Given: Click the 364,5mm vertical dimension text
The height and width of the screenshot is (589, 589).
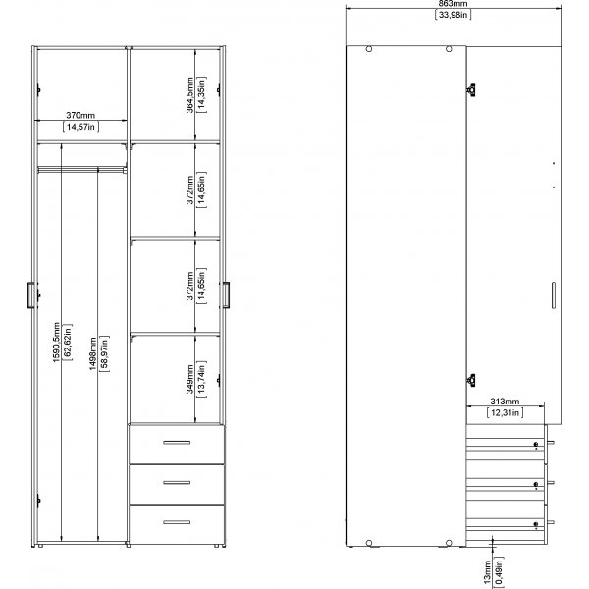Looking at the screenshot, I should [x=190, y=95].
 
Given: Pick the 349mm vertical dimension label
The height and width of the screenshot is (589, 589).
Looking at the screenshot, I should [x=190, y=377].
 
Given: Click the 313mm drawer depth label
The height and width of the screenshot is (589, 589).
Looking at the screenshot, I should [x=505, y=402].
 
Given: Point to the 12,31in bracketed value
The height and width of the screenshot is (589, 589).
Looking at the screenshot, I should [x=505, y=412].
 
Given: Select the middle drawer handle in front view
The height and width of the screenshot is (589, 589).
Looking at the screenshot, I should [x=177, y=481].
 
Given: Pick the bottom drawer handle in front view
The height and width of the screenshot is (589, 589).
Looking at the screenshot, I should [x=177, y=520].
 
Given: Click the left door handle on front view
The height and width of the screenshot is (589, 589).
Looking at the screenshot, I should [x=30, y=294].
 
